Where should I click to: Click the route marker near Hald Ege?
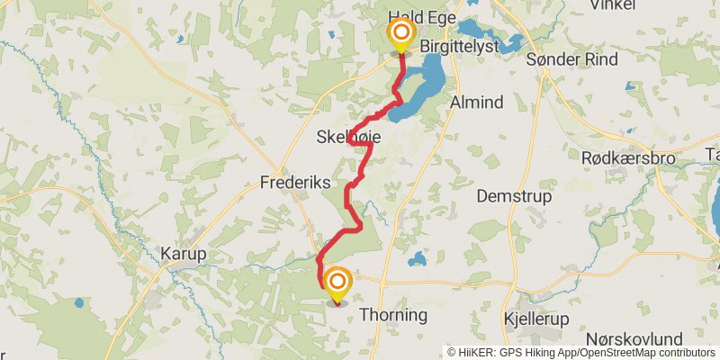click(x=400, y=35)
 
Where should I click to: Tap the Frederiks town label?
click(x=296, y=182)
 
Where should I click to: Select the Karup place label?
click(x=184, y=254)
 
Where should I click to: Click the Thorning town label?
click(x=392, y=317)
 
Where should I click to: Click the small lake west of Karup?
click(x=80, y=303)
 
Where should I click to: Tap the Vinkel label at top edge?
click(x=612, y=5)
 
